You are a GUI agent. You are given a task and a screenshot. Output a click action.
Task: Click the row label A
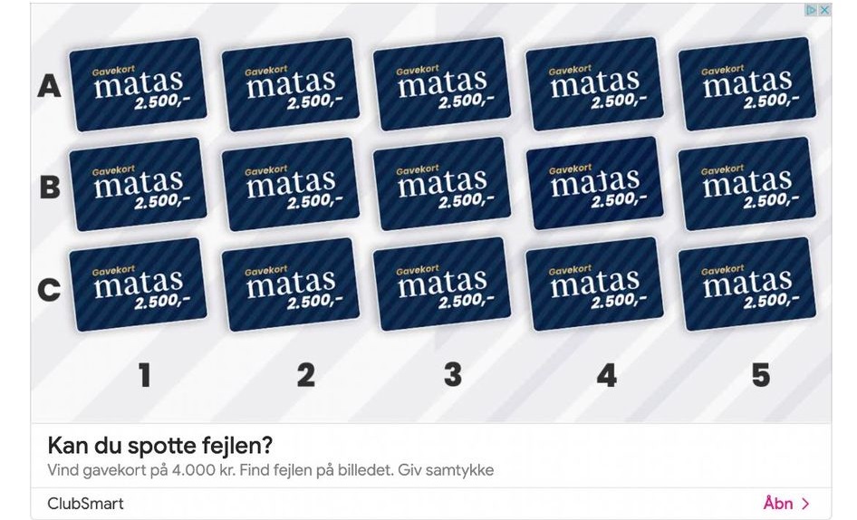(49, 86)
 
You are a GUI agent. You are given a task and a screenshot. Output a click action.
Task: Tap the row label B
(50, 187)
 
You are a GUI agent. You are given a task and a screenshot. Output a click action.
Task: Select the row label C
(49, 290)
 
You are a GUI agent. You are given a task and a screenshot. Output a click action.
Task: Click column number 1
(144, 375)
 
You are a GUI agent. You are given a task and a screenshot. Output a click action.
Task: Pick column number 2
(306, 375)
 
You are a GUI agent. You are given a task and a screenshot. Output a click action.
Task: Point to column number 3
(453, 375)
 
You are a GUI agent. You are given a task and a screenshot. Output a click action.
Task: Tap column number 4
(607, 375)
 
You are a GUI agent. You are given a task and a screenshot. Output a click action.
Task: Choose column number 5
(761, 375)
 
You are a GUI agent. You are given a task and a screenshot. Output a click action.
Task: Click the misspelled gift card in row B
(594, 184)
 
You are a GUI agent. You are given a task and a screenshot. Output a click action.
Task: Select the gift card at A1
(139, 84)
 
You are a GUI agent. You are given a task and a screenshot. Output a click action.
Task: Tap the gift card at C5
(747, 284)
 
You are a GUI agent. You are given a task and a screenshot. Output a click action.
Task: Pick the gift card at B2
(291, 184)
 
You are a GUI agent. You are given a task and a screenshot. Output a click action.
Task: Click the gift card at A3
(442, 83)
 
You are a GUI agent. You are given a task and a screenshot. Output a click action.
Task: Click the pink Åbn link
(786, 503)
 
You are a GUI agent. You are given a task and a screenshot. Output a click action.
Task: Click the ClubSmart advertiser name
(86, 504)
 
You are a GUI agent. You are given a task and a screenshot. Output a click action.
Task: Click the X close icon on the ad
(824, 10)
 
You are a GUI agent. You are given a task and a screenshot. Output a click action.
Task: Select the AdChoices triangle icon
(812, 10)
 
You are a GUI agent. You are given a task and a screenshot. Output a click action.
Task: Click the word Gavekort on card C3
(418, 270)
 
